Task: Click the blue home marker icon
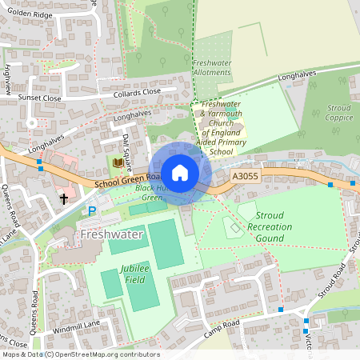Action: pyautogui.click(x=180, y=172)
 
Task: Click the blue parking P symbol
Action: pyautogui.click(x=92, y=210)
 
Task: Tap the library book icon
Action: pyautogui.click(x=118, y=162)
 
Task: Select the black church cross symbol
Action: pyautogui.click(x=64, y=198)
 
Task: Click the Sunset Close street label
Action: pyautogui.click(x=40, y=98)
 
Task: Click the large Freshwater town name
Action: pyautogui.click(x=112, y=235)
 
